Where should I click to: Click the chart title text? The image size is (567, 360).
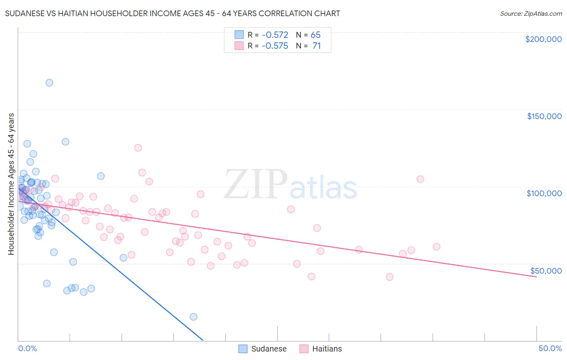pos(173,13)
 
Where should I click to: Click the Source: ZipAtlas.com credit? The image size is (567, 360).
pos(531,14)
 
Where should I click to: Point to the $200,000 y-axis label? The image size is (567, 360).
pos(543,39)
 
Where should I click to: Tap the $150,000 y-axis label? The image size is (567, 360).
pos(544,116)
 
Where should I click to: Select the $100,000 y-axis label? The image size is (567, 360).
pos(544,193)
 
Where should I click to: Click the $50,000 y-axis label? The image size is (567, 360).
pos(546,270)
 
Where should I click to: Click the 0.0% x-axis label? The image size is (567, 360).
pos(27,348)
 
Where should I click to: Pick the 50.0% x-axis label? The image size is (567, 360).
pos(550,348)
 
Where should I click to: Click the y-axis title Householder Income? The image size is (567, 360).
pos(11,184)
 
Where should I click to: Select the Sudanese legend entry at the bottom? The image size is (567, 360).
pos(263,349)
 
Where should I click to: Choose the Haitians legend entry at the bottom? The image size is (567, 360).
pos(321,349)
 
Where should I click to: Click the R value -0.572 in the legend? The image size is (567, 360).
pos(275,35)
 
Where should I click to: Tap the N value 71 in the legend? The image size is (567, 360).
pos(317,46)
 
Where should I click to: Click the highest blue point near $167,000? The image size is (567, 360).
pos(49,83)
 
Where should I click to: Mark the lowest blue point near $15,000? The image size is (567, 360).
pos(194,317)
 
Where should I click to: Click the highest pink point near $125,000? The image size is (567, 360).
pos(138,148)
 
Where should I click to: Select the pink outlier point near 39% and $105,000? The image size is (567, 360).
pos(420,179)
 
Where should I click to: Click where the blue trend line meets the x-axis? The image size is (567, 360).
pos(203,341)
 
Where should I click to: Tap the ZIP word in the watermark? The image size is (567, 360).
pos(255,184)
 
